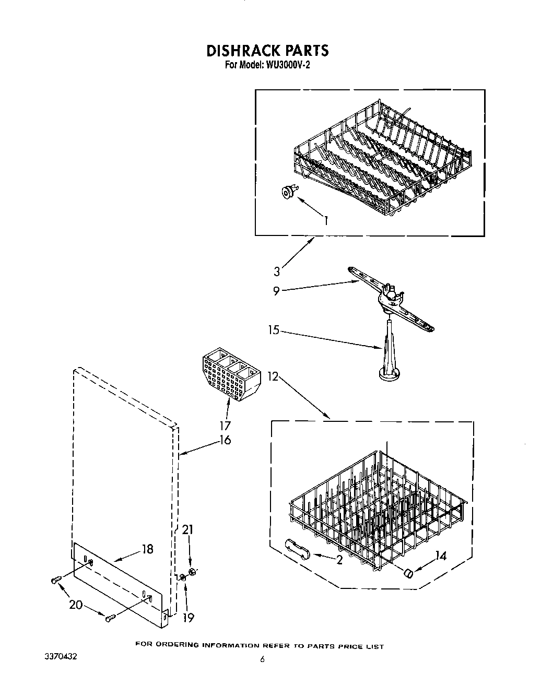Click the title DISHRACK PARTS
tap(267, 51)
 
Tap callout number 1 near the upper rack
tap(326, 220)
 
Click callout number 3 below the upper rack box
tap(277, 271)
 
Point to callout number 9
tap(277, 291)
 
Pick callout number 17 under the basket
tap(226, 426)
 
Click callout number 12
tap(272, 376)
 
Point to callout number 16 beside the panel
tap(225, 440)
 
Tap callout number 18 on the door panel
tap(148, 549)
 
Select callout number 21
tap(187, 530)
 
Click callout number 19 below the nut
tap(188, 618)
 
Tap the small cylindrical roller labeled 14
tap(408, 574)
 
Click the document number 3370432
tap(61, 656)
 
